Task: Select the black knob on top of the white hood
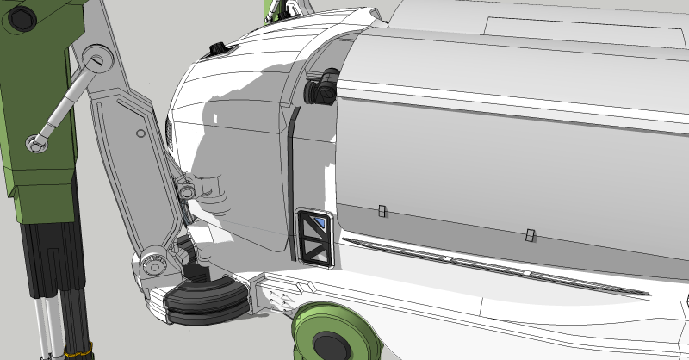218,47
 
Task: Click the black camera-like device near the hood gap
322,86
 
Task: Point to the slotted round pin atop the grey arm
96,59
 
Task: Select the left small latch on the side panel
381,211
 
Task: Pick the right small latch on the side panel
530,234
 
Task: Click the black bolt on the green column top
22,15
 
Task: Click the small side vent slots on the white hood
169,133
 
